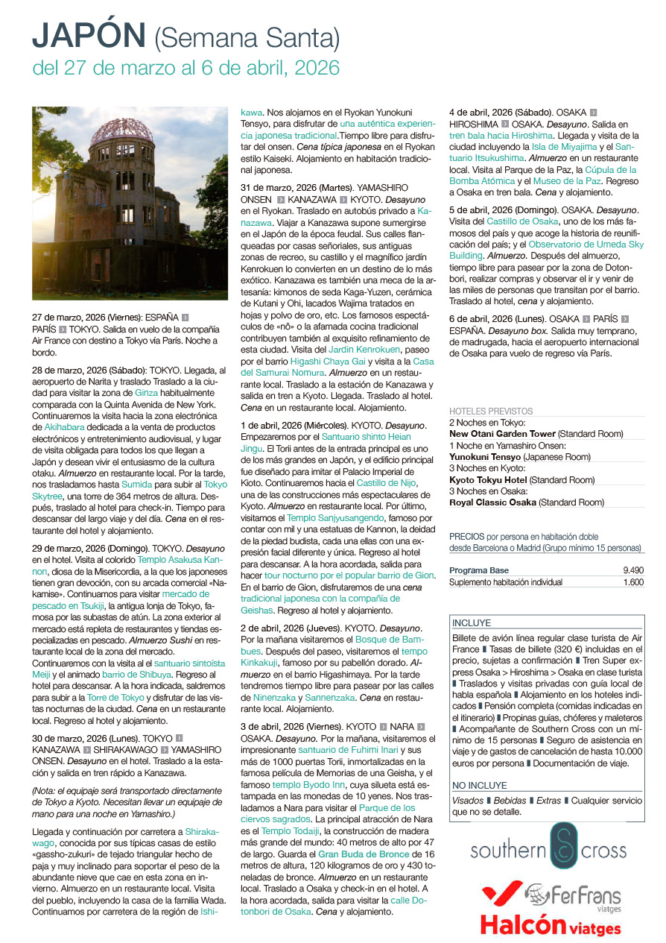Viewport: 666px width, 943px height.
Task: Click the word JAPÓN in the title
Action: (x=89, y=35)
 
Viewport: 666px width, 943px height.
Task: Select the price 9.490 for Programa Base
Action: (x=632, y=570)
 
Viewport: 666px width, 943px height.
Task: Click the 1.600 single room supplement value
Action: (x=632, y=582)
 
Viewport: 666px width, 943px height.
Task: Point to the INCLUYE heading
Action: (x=471, y=622)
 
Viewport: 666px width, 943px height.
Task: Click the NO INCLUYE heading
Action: (x=479, y=785)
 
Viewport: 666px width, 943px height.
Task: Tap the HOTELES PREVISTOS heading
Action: (x=491, y=411)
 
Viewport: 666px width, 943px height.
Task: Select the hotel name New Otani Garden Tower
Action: (x=502, y=433)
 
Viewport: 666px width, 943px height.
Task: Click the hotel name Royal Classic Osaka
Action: (x=492, y=502)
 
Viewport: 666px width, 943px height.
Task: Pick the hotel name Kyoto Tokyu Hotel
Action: (x=488, y=479)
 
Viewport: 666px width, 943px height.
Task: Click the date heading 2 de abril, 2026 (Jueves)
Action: (x=288, y=628)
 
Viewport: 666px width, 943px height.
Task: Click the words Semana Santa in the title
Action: (x=247, y=37)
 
